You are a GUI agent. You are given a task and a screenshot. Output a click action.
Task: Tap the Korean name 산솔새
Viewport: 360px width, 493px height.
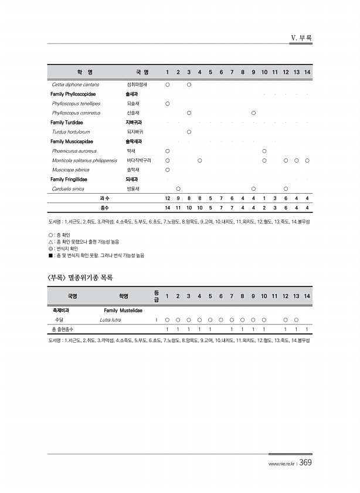(133, 113)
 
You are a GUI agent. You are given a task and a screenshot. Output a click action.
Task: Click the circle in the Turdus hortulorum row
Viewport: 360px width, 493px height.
(189, 132)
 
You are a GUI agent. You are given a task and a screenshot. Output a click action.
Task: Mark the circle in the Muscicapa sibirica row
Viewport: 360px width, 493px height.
(168, 170)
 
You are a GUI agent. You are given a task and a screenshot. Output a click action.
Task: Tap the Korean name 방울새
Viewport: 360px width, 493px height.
(133, 189)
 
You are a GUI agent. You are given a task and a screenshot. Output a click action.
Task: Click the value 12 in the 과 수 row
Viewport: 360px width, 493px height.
(168, 198)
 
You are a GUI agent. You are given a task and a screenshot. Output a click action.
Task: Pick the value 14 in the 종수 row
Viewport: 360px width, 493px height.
(168, 208)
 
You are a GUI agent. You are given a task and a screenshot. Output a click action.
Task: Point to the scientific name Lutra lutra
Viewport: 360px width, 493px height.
(110, 320)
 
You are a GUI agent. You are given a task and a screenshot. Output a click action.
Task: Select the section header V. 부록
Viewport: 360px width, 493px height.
(301, 38)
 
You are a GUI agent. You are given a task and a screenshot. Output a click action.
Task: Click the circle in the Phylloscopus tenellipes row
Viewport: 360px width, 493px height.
(168, 103)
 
